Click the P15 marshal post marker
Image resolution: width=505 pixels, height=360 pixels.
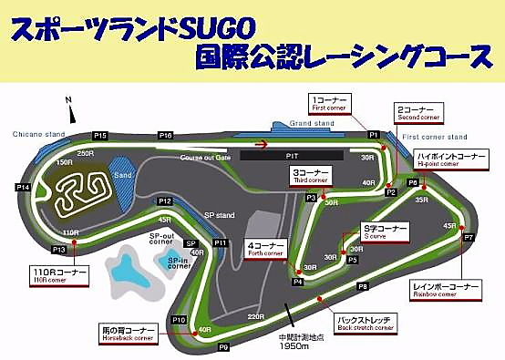point(99,135)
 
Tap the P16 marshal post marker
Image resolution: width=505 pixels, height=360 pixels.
point(166,135)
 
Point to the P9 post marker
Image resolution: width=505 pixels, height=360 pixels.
point(223,346)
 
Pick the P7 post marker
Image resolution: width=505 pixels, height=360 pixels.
point(469,237)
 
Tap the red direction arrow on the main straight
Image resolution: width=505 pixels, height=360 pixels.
point(263,143)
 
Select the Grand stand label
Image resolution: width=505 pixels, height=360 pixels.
point(312,122)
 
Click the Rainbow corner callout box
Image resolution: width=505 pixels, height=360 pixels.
point(445,291)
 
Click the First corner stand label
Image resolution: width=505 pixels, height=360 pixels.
point(435,136)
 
